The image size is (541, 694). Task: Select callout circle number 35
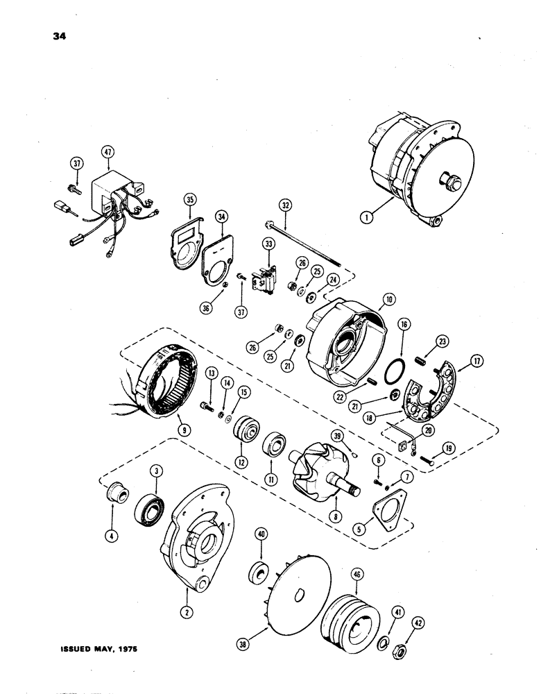point(188,202)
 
